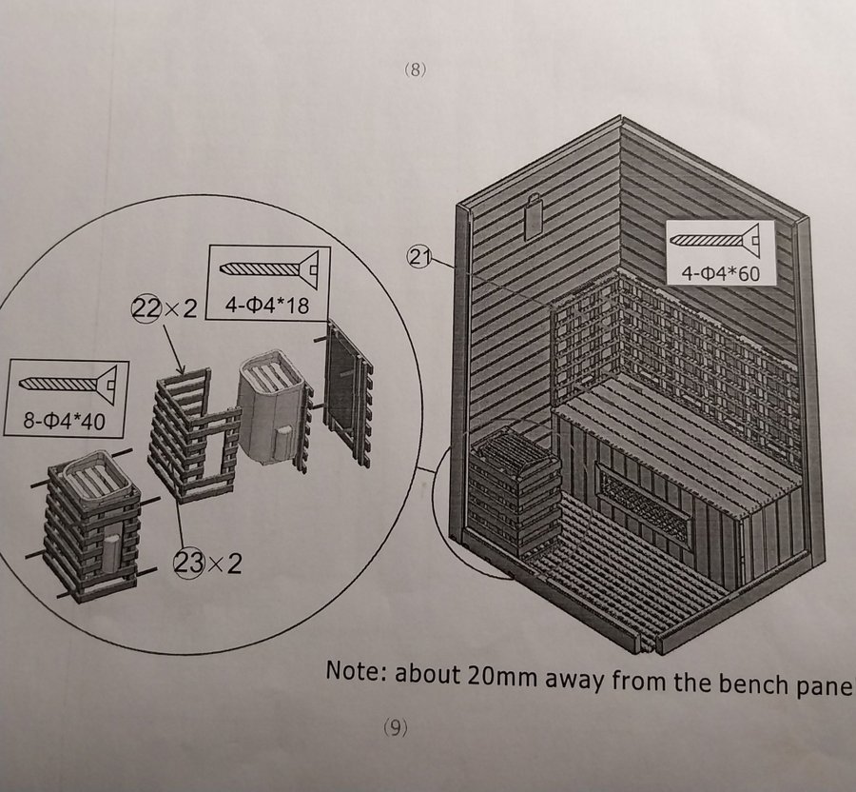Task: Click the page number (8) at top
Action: click(415, 69)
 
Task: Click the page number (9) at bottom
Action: click(396, 727)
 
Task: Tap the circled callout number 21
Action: click(418, 257)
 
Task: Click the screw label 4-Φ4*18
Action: click(267, 306)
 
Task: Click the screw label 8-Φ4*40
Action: click(64, 421)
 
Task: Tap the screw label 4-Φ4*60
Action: click(720, 273)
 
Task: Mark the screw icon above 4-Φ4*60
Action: click(714, 239)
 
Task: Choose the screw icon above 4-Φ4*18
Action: click(269, 268)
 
